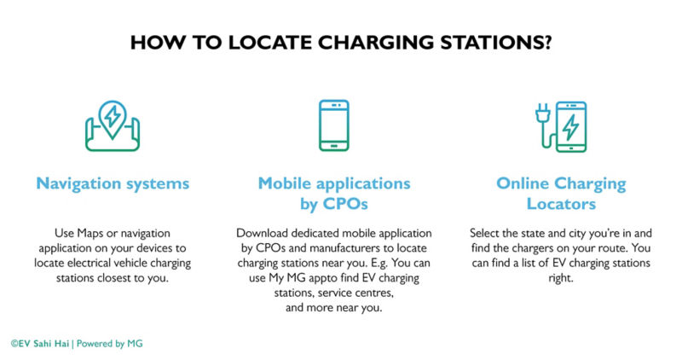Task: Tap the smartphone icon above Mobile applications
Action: click(x=334, y=125)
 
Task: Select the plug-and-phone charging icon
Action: click(x=561, y=126)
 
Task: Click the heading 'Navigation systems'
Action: click(x=113, y=183)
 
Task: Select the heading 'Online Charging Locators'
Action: click(x=561, y=195)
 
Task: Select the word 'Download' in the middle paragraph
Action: click(x=264, y=232)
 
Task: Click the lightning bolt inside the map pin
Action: click(x=113, y=115)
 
